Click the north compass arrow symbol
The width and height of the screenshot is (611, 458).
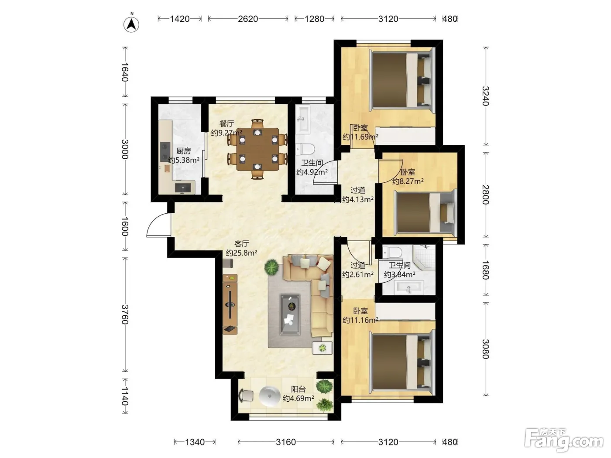(x=131, y=24)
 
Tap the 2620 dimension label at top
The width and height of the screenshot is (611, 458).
(x=248, y=19)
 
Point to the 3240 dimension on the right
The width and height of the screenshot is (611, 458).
(x=485, y=96)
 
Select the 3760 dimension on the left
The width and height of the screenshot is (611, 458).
(x=125, y=314)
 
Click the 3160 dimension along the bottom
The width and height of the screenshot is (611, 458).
(x=286, y=442)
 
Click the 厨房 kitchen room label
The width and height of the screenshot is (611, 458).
(x=184, y=151)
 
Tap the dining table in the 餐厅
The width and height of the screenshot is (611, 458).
(x=257, y=149)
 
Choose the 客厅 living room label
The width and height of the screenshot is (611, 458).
(x=241, y=244)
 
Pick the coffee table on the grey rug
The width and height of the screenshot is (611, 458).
(x=290, y=314)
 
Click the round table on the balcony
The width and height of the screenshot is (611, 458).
(x=269, y=396)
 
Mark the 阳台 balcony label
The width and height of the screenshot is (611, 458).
(x=299, y=390)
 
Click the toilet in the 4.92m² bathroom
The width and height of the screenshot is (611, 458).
(x=305, y=149)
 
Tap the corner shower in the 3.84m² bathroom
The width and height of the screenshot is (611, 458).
(x=424, y=257)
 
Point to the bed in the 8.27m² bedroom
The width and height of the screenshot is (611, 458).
(x=425, y=213)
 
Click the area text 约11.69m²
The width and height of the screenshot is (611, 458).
(x=360, y=137)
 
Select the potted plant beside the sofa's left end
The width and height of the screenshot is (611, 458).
(x=271, y=267)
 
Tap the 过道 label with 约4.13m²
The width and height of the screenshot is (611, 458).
(x=358, y=195)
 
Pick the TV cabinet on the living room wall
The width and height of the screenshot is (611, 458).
(x=230, y=304)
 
